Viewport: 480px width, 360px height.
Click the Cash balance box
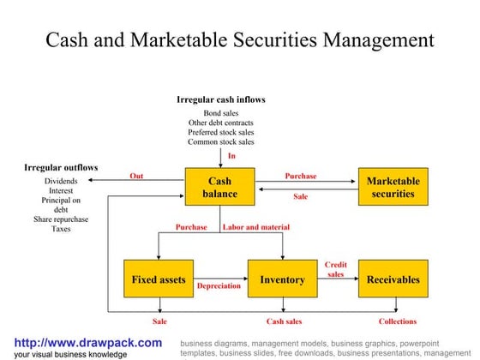(x=220, y=187)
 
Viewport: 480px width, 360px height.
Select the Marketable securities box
(x=393, y=187)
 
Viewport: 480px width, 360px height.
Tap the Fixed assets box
(x=159, y=279)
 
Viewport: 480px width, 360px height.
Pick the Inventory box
(x=282, y=279)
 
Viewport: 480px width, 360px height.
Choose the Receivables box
(x=393, y=279)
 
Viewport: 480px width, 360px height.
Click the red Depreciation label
(x=219, y=286)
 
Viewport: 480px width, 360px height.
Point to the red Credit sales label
(x=336, y=270)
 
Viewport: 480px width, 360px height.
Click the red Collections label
(x=397, y=321)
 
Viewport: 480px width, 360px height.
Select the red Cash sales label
(x=284, y=321)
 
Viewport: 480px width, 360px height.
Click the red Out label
(x=136, y=176)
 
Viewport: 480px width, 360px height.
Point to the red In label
(x=231, y=156)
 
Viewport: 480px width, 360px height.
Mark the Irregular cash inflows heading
(x=221, y=99)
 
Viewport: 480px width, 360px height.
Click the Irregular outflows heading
(x=61, y=167)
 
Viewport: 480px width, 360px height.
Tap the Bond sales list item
(x=221, y=113)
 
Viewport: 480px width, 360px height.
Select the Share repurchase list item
(x=61, y=219)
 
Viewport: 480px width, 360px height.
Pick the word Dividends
(x=61, y=182)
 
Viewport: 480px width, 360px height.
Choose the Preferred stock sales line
(x=221, y=132)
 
